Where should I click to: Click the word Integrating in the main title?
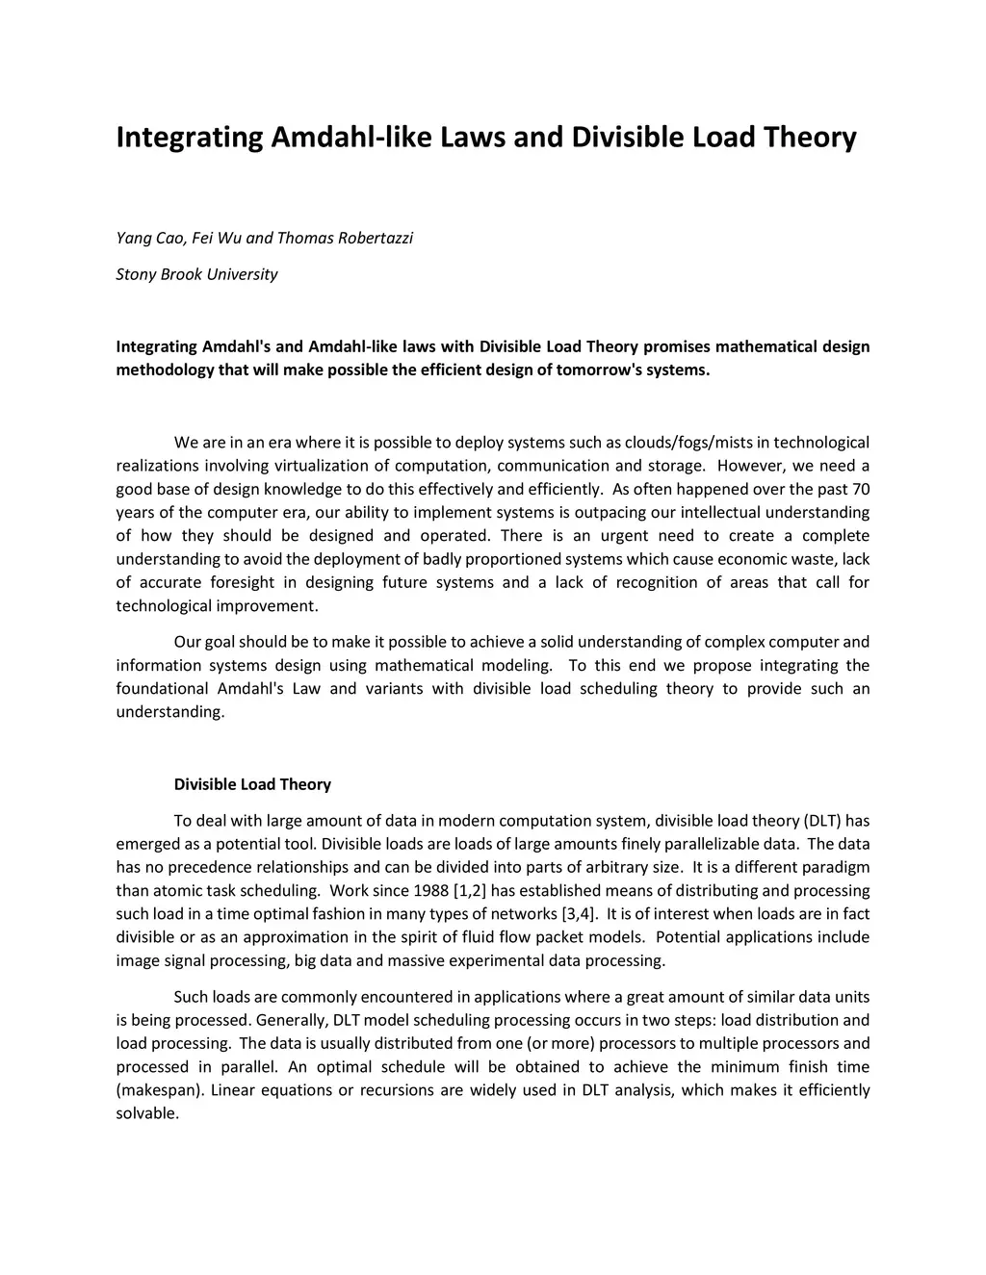tap(189, 138)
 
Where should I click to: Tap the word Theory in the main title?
tap(810, 138)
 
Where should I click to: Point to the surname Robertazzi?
tap(375, 238)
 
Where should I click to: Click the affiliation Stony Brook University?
tap(196, 274)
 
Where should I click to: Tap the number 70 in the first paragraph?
tap(860, 489)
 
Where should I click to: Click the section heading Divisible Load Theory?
tap(252, 784)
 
